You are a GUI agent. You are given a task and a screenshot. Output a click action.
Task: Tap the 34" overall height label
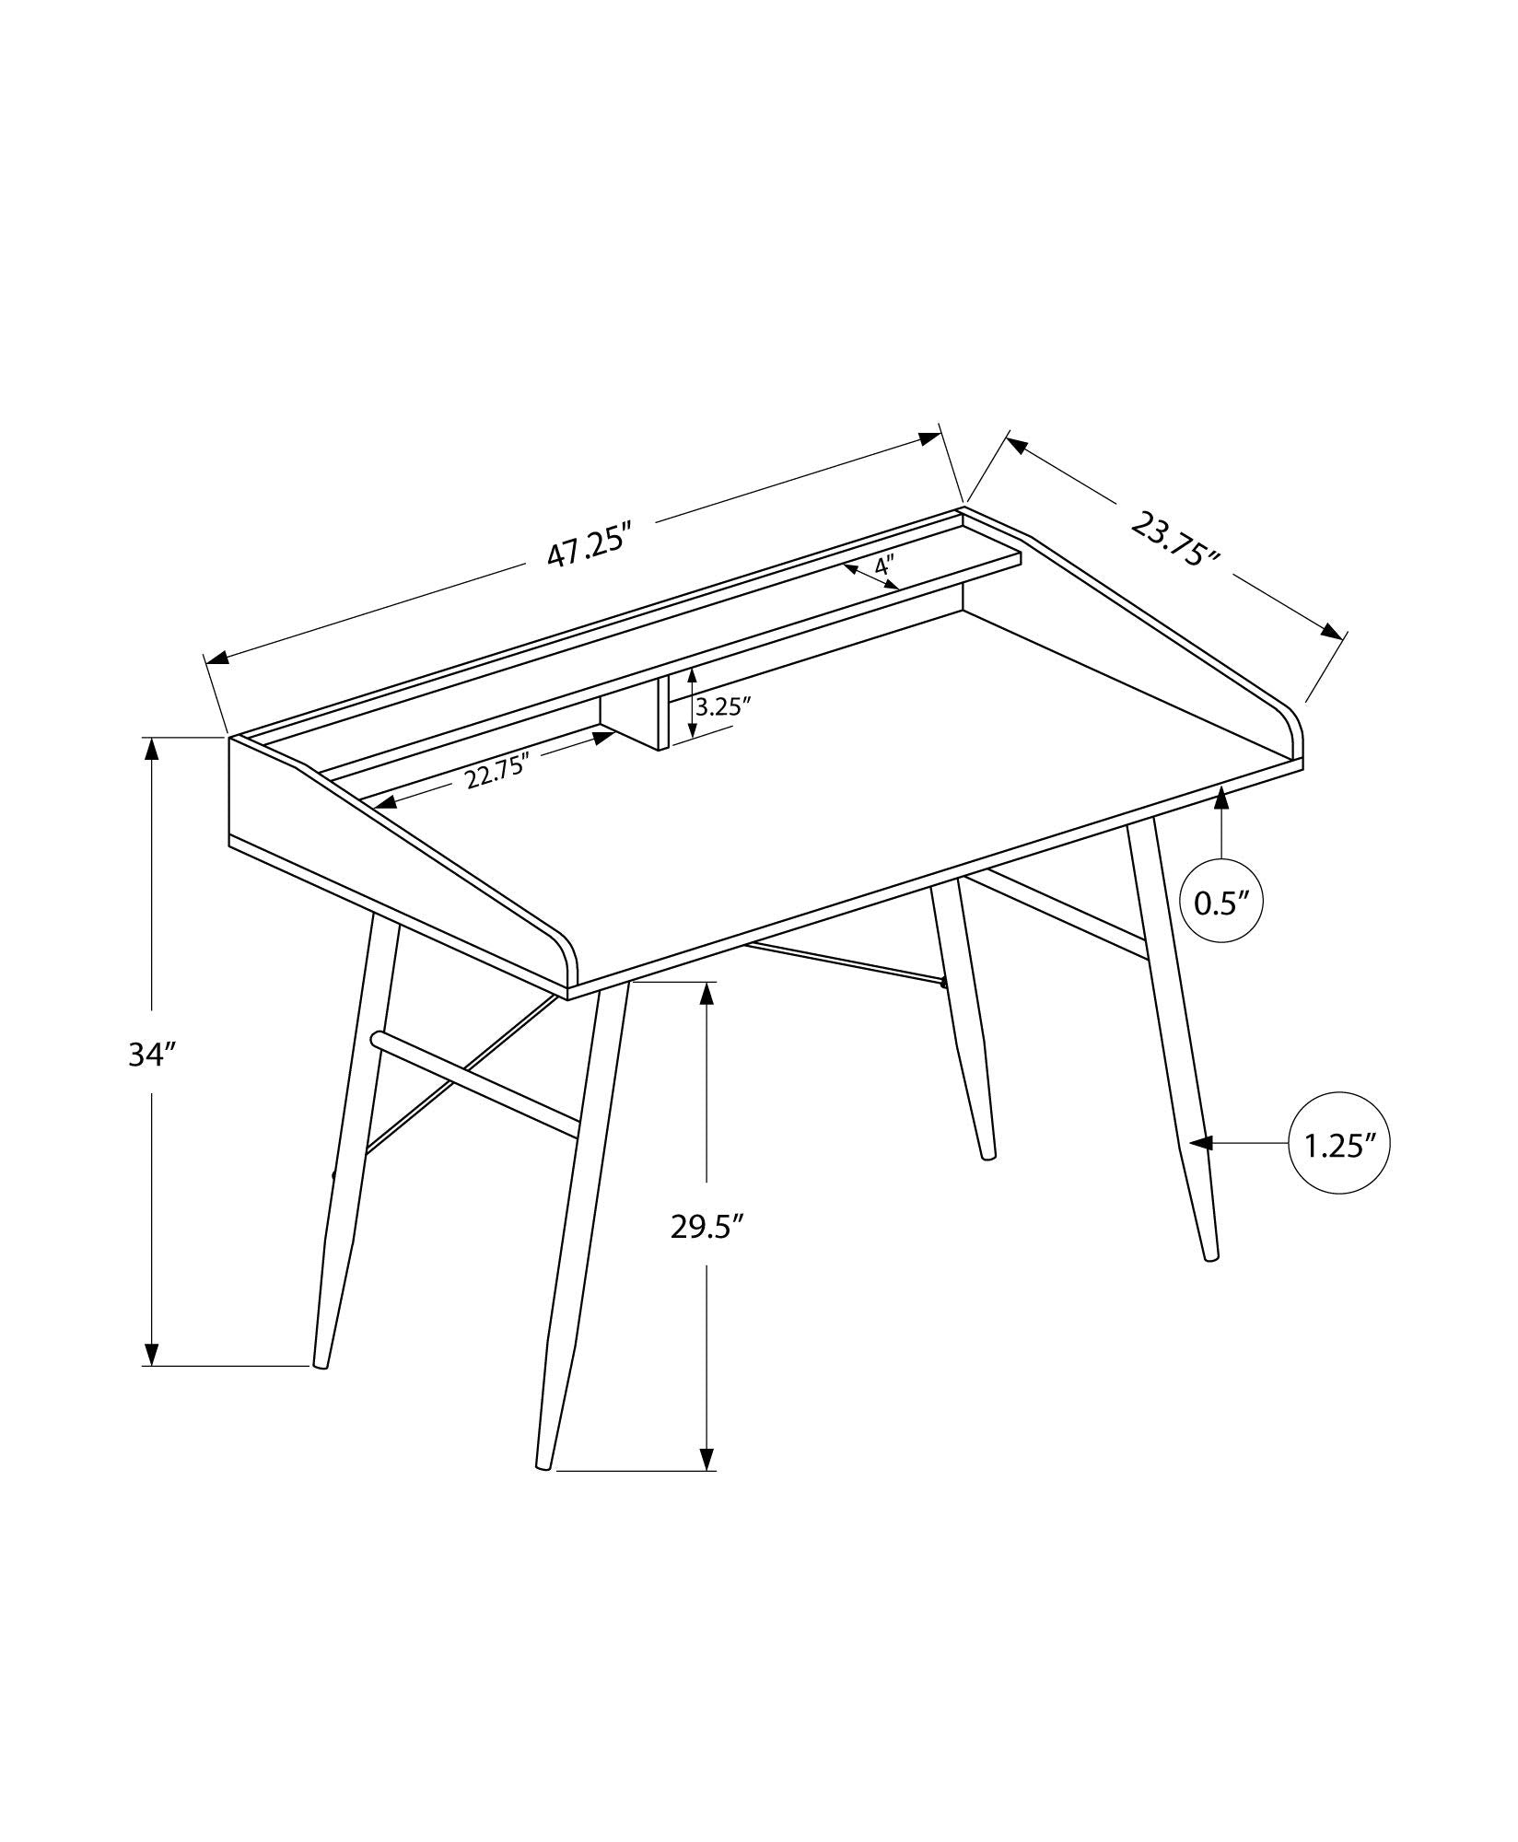click(x=151, y=1055)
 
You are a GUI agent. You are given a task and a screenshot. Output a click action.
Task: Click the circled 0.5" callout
click(x=1221, y=903)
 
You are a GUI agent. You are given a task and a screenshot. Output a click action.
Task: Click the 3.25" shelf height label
click(x=725, y=706)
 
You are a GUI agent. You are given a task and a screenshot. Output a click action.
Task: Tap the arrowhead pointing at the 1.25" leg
click(x=1200, y=1143)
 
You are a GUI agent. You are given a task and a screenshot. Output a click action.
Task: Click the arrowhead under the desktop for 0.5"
click(x=1221, y=798)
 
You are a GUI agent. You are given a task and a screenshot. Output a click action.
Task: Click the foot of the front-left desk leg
click(x=543, y=1488)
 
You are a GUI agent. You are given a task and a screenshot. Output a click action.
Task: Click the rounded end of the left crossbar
click(x=376, y=1039)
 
